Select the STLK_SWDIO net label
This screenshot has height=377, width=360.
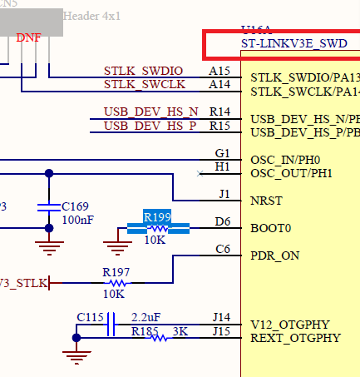pos(143,72)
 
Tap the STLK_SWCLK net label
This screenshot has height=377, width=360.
pos(143,84)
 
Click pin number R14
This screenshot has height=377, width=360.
pos(219,112)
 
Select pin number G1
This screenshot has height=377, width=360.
pos(222,154)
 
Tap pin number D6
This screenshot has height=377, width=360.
pos(222,221)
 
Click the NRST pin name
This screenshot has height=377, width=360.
pos(267,201)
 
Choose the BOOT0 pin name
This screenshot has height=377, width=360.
pos(270,228)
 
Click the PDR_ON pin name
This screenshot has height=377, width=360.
pos(274,255)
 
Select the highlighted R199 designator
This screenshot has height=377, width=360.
pos(157,217)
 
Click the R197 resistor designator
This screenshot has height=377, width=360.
pos(116,272)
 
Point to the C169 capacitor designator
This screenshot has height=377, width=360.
pos(76,206)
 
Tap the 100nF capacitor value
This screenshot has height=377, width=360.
pos(77,220)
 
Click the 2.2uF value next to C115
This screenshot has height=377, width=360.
pos(147,318)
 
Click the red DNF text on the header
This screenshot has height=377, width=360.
pos(28,38)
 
